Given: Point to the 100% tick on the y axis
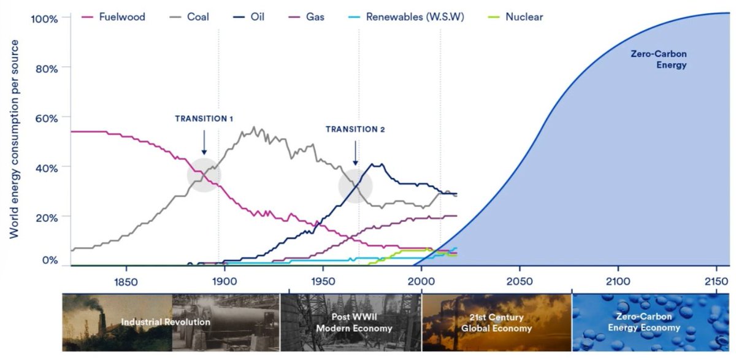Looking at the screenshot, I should click(44, 18).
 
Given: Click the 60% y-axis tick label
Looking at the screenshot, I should click(46, 118).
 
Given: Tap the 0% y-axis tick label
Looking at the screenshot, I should click(49, 260).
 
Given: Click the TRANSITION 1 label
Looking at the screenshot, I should click(204, 118).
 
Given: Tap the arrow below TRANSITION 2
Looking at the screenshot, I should click(355, 151).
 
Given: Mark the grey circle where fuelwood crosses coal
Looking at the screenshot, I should click(204, 175).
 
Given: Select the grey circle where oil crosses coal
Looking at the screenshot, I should click(355, 185).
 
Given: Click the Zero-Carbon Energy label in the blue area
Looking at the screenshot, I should click(659, 59).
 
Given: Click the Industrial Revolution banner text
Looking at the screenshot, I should click(166, 322).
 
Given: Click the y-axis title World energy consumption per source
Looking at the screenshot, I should click(13, 139).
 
